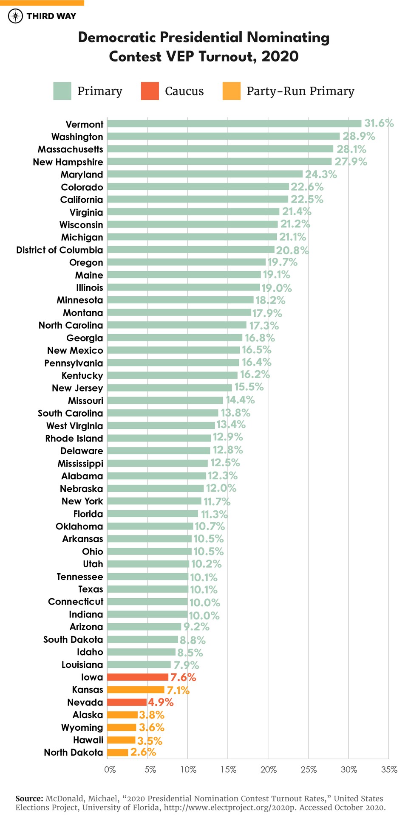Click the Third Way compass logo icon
pyautogui.click(x=15, y=16)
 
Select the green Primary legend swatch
pyautogui.click(x=62, y=91)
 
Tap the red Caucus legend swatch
pyautogui.click(x=150, y=91)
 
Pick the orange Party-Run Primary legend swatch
pyautogui.click(x=231, y=91)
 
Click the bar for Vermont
pyautogui.click(x=234, y=124)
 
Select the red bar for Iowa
pyautogui.click(x=137, y=677)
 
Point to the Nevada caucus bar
pyautogui.click(x=127, y=702)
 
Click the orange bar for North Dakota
pyautogui.click(x=117, y=752)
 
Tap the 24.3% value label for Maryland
pyautogui.click(x=321, y=175)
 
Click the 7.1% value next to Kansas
pyautogui.click(x=178, y=690)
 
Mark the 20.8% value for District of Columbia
pyautogui.click(x=292, y=251)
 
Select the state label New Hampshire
pyautogui.click(x=68, y=162)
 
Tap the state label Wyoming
pyautogui.click(x=82, y=727)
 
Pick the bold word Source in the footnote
pyautogui.click(x=29, y=798)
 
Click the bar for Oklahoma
pyautogui.click(x=150, y=526)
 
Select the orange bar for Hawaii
pyautogui.click(x=121, y=740)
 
